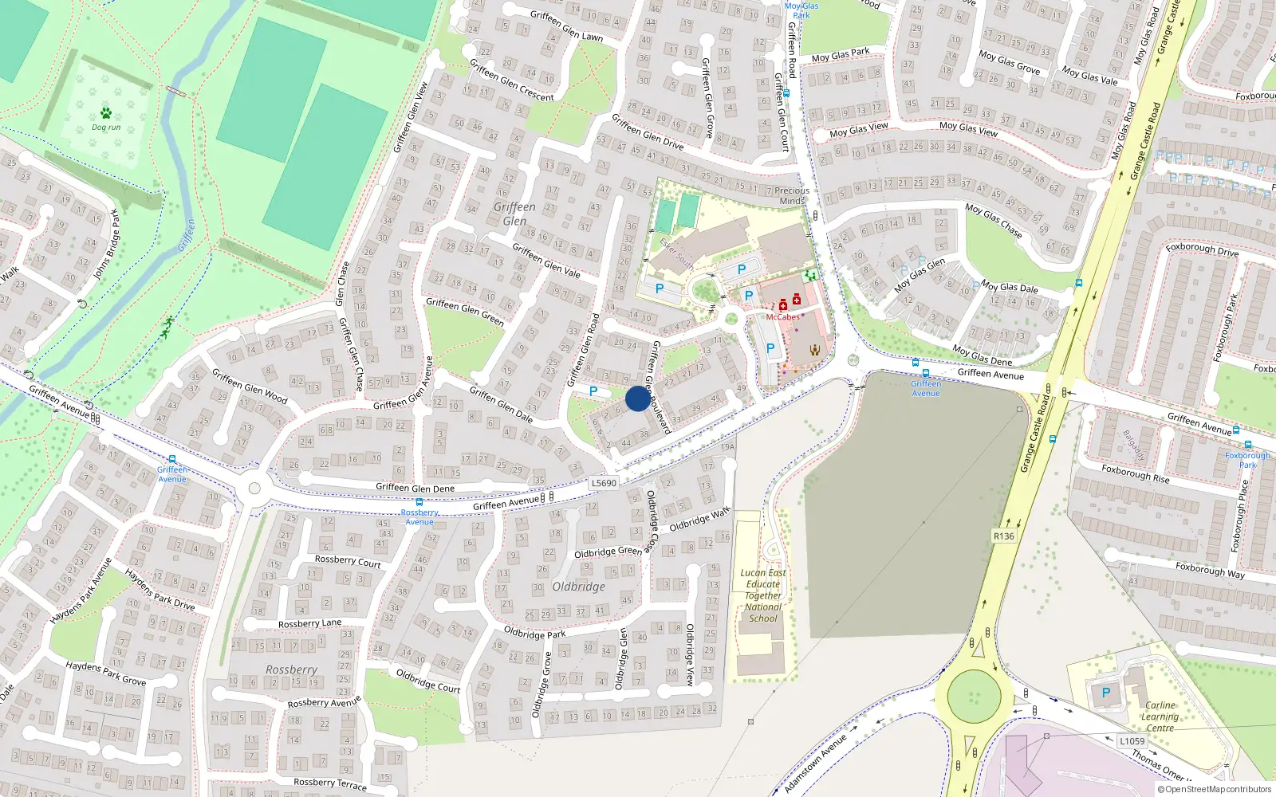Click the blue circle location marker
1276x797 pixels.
coord(638,398)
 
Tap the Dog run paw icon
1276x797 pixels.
coord(106,113)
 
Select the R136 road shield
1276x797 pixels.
coord(1004,536)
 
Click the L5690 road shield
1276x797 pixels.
coord(604,483)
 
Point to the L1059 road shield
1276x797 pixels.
coord(1132,741)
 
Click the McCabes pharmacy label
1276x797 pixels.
coord(782,317)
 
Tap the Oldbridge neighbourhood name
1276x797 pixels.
coord(578,587)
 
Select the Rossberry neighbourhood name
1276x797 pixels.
coord(291,670)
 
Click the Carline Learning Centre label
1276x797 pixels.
coord(1160,717)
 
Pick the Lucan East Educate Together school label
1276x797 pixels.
coord(763,595)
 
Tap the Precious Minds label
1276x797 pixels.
coord(792,196)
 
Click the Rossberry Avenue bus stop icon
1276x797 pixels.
coord(419,503)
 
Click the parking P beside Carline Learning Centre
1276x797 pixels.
coord(1105,693)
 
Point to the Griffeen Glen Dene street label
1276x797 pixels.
coord(415,488)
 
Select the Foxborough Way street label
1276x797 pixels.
coord(1209,569)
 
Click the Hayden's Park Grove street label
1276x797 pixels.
coord(105,673)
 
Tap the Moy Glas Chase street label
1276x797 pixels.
coord(993,220)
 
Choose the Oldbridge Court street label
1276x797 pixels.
coord(428,681)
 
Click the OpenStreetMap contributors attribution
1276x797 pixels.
coord(1214,790)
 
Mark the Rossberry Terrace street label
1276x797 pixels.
coord(329,783)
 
